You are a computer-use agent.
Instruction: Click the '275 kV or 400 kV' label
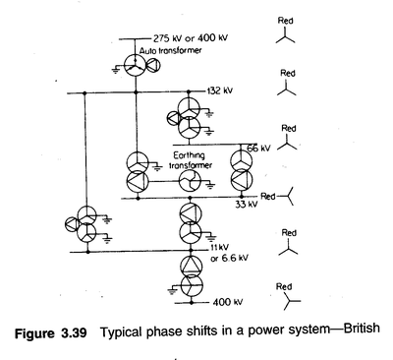191,38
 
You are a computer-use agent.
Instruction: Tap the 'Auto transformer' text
170,51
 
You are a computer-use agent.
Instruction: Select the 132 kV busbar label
219,90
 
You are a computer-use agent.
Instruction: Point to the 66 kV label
258,149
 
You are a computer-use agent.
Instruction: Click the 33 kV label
247,205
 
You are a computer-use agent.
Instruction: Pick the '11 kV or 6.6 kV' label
229,253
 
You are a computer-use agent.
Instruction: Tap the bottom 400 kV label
228,302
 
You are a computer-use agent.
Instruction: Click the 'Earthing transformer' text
191,160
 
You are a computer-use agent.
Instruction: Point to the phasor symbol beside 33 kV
287,197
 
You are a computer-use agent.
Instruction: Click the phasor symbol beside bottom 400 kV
291,301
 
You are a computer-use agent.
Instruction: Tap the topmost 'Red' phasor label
285,21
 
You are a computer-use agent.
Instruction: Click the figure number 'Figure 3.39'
51,333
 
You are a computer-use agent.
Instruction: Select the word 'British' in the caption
362,329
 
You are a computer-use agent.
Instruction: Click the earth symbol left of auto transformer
115,70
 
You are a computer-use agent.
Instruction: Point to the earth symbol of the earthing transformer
210,186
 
